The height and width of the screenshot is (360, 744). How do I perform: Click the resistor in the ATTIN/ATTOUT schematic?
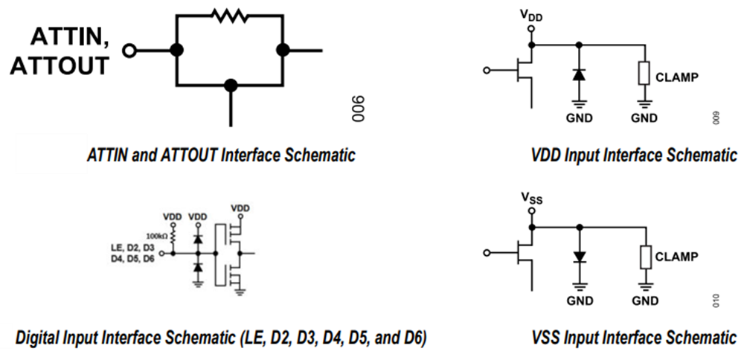coord(229,16)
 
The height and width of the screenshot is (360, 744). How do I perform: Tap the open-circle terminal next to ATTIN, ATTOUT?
coord(131,51)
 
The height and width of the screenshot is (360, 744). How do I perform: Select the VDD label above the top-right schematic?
coord(530,16)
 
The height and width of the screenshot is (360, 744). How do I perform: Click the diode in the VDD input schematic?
coord(579,74)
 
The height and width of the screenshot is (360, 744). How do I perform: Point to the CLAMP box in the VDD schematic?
coord(644,74)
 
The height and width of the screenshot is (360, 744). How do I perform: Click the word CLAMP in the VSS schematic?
coord(677,257)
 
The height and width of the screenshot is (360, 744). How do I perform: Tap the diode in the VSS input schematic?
coord(579,257)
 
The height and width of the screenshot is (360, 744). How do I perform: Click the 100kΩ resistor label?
coord(157,234)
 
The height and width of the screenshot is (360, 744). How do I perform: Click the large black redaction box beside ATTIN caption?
coord(51,154)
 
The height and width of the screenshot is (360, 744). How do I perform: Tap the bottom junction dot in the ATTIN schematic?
coord(231,86)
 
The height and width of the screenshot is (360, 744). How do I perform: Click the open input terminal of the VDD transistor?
coord(487,71)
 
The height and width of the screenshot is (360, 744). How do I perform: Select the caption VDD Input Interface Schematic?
coord(634,155)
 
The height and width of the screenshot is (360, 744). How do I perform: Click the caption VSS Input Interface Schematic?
coord(634,339)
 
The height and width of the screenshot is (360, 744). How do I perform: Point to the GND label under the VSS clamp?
coord(644,300)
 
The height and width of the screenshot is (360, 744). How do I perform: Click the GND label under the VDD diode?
coord(579,118)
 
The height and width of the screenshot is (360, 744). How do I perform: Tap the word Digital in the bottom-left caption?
coord(39,339)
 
